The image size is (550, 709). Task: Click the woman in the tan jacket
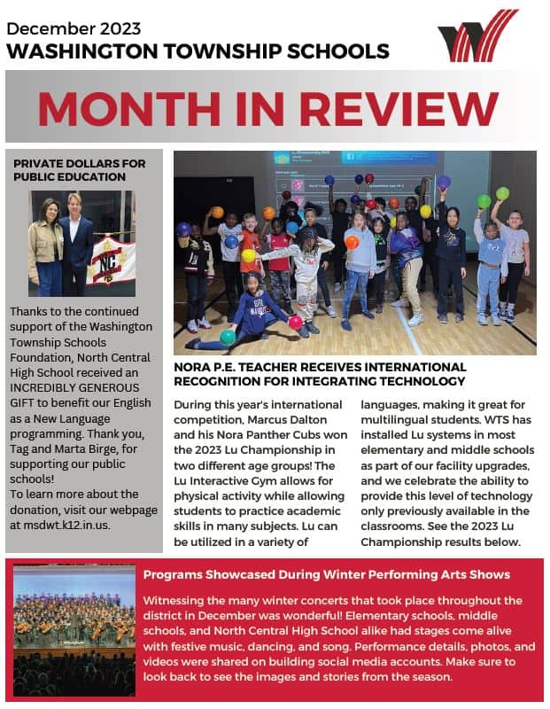46,248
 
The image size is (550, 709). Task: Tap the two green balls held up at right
493,197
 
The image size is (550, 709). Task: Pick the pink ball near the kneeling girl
295,323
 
